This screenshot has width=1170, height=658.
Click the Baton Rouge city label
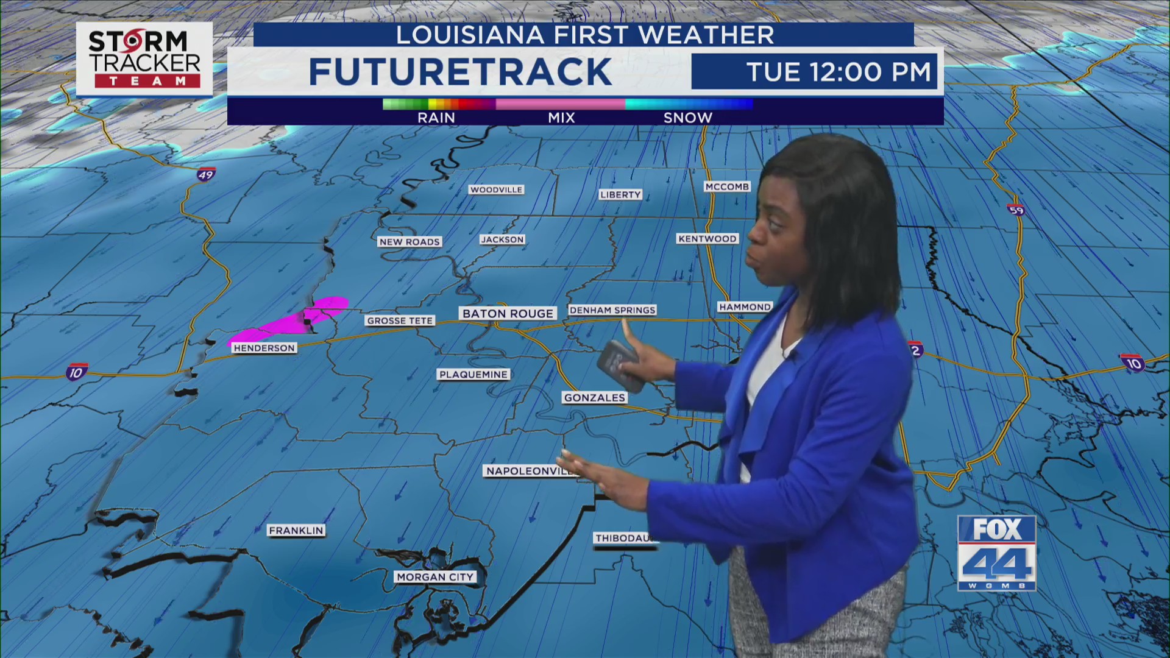[x=508, y=313]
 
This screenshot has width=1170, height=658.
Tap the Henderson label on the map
[x=264, y=348]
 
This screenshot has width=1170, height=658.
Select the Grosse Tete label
[x=400, y=320]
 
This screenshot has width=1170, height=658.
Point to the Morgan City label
[x=435, y=577]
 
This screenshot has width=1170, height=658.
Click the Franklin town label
[x=296, y=531]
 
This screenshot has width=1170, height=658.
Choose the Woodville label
[x=496, y=189]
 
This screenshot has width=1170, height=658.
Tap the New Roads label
[x=409, y=242]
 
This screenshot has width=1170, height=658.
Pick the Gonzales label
[x=595, y=398]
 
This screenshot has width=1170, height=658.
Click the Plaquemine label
[x=473, y=374]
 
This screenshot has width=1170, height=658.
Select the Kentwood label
[x=707, y=239]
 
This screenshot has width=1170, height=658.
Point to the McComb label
[x=727, y=186]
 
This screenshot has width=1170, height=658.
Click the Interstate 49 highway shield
[x=206, y=175]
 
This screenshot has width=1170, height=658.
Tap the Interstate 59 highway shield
[x=1016, y=210]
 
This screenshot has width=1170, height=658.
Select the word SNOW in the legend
[x=688, y=118]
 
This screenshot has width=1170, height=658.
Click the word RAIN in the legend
[x=436, y=118]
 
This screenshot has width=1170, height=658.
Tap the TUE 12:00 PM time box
[x=815, y=72]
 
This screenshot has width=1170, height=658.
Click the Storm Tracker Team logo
[x=144, y=58]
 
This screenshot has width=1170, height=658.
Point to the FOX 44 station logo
[x=996, y=553]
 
